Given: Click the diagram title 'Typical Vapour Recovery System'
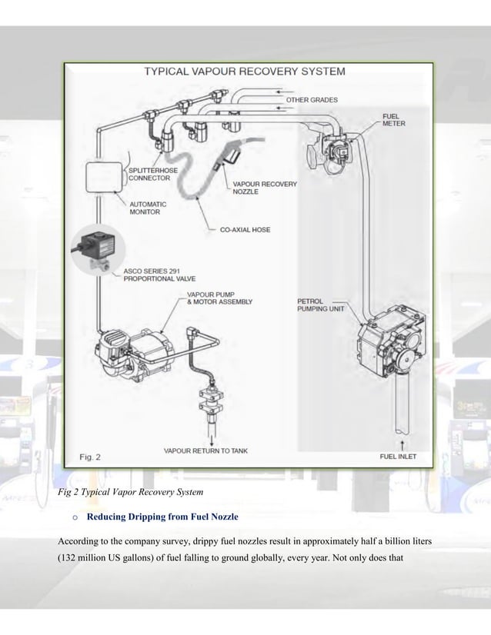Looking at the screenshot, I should tap(245, 71).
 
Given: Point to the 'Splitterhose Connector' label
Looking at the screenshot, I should tap(150, 174).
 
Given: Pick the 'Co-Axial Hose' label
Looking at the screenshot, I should tap(245, 229).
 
